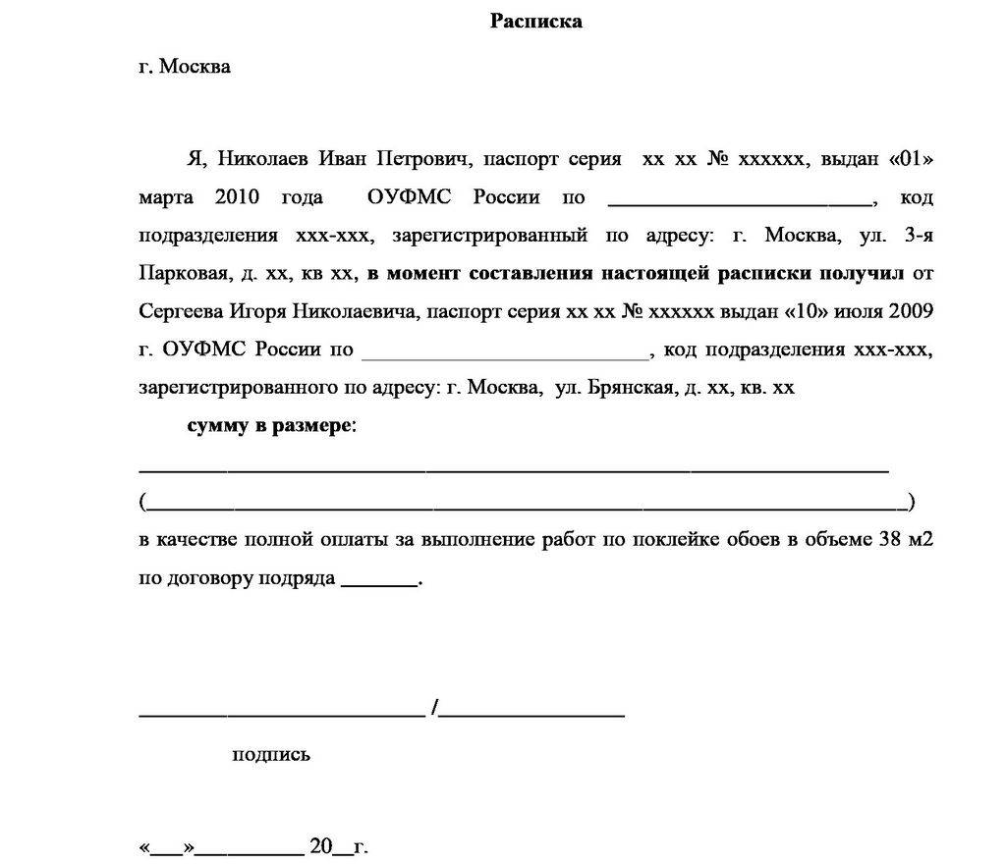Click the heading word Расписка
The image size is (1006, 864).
pos(536,22)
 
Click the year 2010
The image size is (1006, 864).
pos(236,197)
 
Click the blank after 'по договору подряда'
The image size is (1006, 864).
pos(378,580)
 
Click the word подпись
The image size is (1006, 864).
pos(271,754)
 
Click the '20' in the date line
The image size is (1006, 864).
pos(322,845)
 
